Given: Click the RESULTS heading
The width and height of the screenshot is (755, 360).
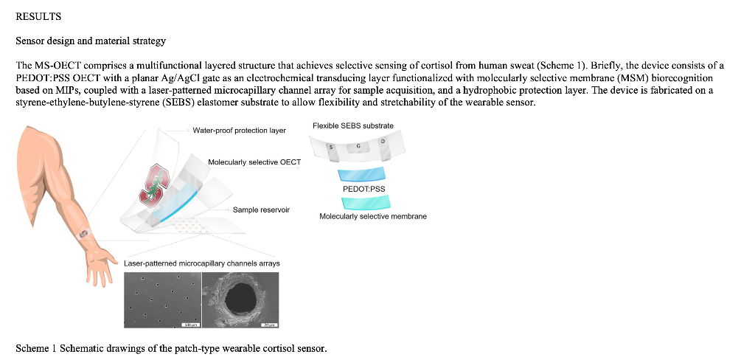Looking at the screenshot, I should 38,16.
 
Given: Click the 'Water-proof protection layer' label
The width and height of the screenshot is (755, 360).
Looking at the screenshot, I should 239,131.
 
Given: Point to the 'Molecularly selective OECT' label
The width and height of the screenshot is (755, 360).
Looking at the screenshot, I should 254,162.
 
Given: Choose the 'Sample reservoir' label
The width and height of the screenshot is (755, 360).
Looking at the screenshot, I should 261,210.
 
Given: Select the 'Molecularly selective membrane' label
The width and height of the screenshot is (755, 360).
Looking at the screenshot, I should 373,216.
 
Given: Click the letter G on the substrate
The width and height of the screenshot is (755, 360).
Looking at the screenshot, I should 358,147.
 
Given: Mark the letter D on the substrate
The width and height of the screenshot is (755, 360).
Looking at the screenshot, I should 383,141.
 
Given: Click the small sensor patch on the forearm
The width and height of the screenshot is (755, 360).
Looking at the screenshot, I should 84,234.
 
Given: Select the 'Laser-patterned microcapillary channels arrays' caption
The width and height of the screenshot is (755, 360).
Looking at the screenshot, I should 201,263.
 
